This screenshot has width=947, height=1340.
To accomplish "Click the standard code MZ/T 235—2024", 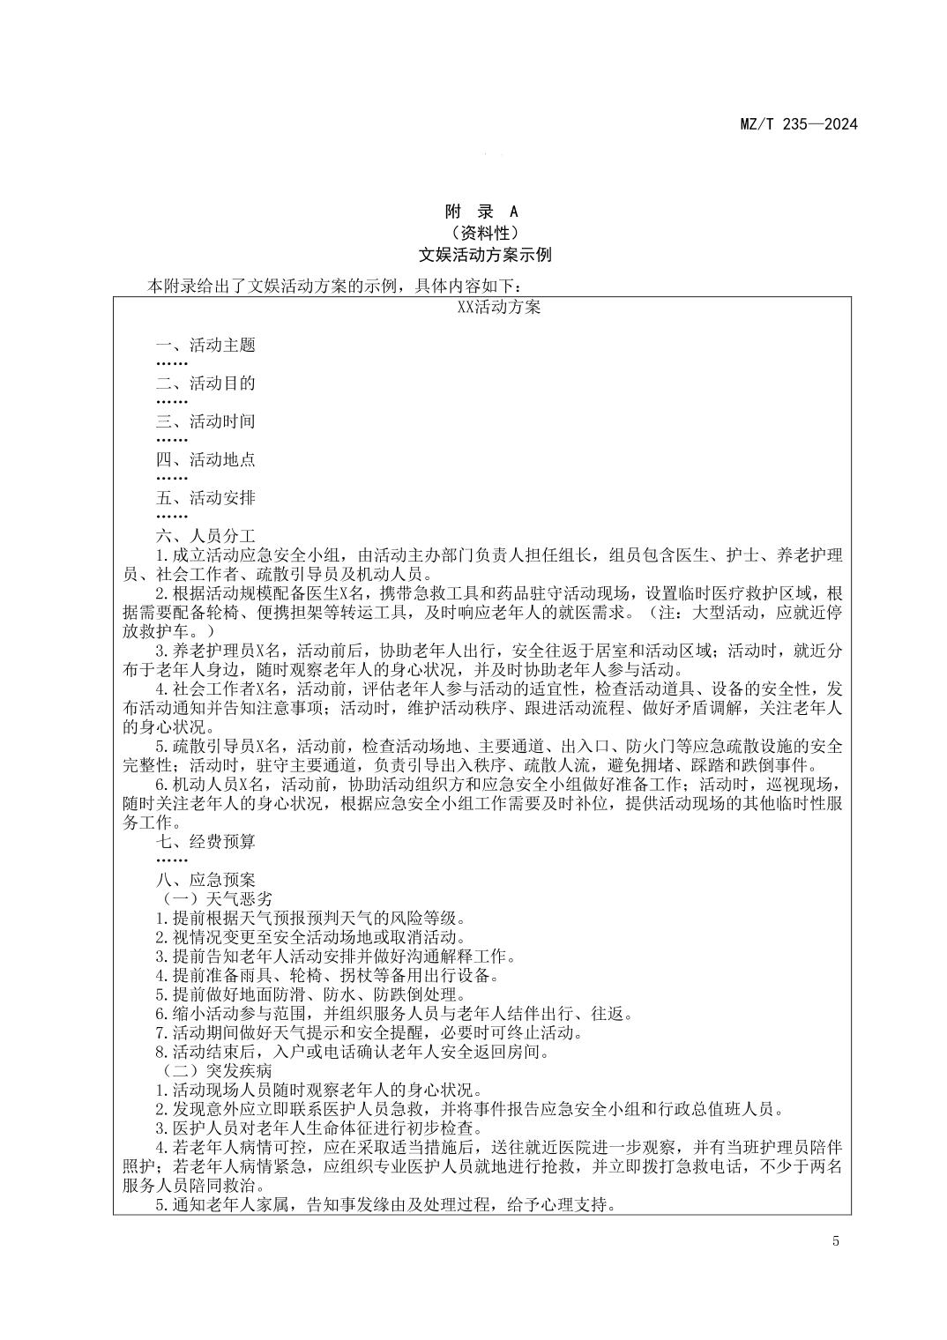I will (797, 123).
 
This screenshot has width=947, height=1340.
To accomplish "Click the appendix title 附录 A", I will (481, 212).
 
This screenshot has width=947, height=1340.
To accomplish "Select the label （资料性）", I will (481, 234).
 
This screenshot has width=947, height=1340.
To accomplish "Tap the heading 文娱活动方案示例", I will (485, 256).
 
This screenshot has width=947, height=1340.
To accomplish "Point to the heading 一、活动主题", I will (205, 346).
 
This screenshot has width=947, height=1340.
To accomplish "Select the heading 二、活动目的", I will (205, 383).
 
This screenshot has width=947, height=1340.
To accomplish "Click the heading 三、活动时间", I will (205, 421).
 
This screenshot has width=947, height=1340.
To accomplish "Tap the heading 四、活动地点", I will (205, 459).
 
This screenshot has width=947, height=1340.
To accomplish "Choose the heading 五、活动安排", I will (205, 498).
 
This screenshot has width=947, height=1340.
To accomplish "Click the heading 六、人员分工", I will (205, 536).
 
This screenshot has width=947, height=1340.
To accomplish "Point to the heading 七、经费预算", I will (205, 842).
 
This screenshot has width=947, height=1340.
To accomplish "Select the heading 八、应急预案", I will (205, 880).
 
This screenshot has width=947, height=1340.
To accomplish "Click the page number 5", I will (834, 1243).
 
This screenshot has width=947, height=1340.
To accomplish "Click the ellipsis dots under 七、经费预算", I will (172, 860).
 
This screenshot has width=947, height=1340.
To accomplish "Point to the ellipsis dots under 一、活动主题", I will (172, 364).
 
